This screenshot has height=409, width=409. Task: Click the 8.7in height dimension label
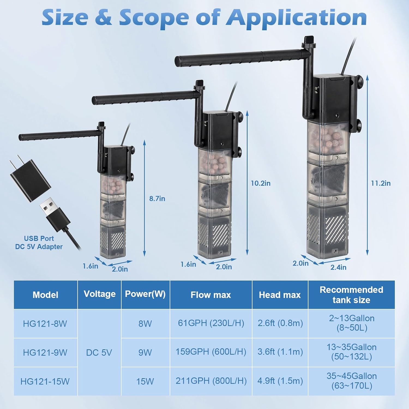coord(157,199)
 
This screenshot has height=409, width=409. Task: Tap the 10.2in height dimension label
coord(260,183)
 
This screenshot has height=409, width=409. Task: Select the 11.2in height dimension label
coord(380,183)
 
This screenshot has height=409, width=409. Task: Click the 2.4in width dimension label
coord(338,267)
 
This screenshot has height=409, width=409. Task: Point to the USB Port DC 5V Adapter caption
coord(39,242)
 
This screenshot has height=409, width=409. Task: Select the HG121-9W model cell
coord(45,353)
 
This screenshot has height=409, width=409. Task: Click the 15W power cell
coord(145,381)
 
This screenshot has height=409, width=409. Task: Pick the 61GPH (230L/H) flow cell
coord(211,323)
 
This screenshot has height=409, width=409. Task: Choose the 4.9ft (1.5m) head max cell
coord(280,381)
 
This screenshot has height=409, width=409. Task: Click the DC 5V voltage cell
coord(99,353)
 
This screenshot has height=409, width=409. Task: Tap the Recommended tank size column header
coord(351,295)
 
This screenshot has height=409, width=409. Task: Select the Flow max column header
coord(210,295)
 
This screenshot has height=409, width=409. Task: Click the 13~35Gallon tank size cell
coord(351,352)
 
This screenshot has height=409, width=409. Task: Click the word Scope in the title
coord(154,18)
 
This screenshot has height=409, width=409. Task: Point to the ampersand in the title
coord(103,18)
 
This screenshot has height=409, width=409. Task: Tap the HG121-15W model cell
coord(45,381)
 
